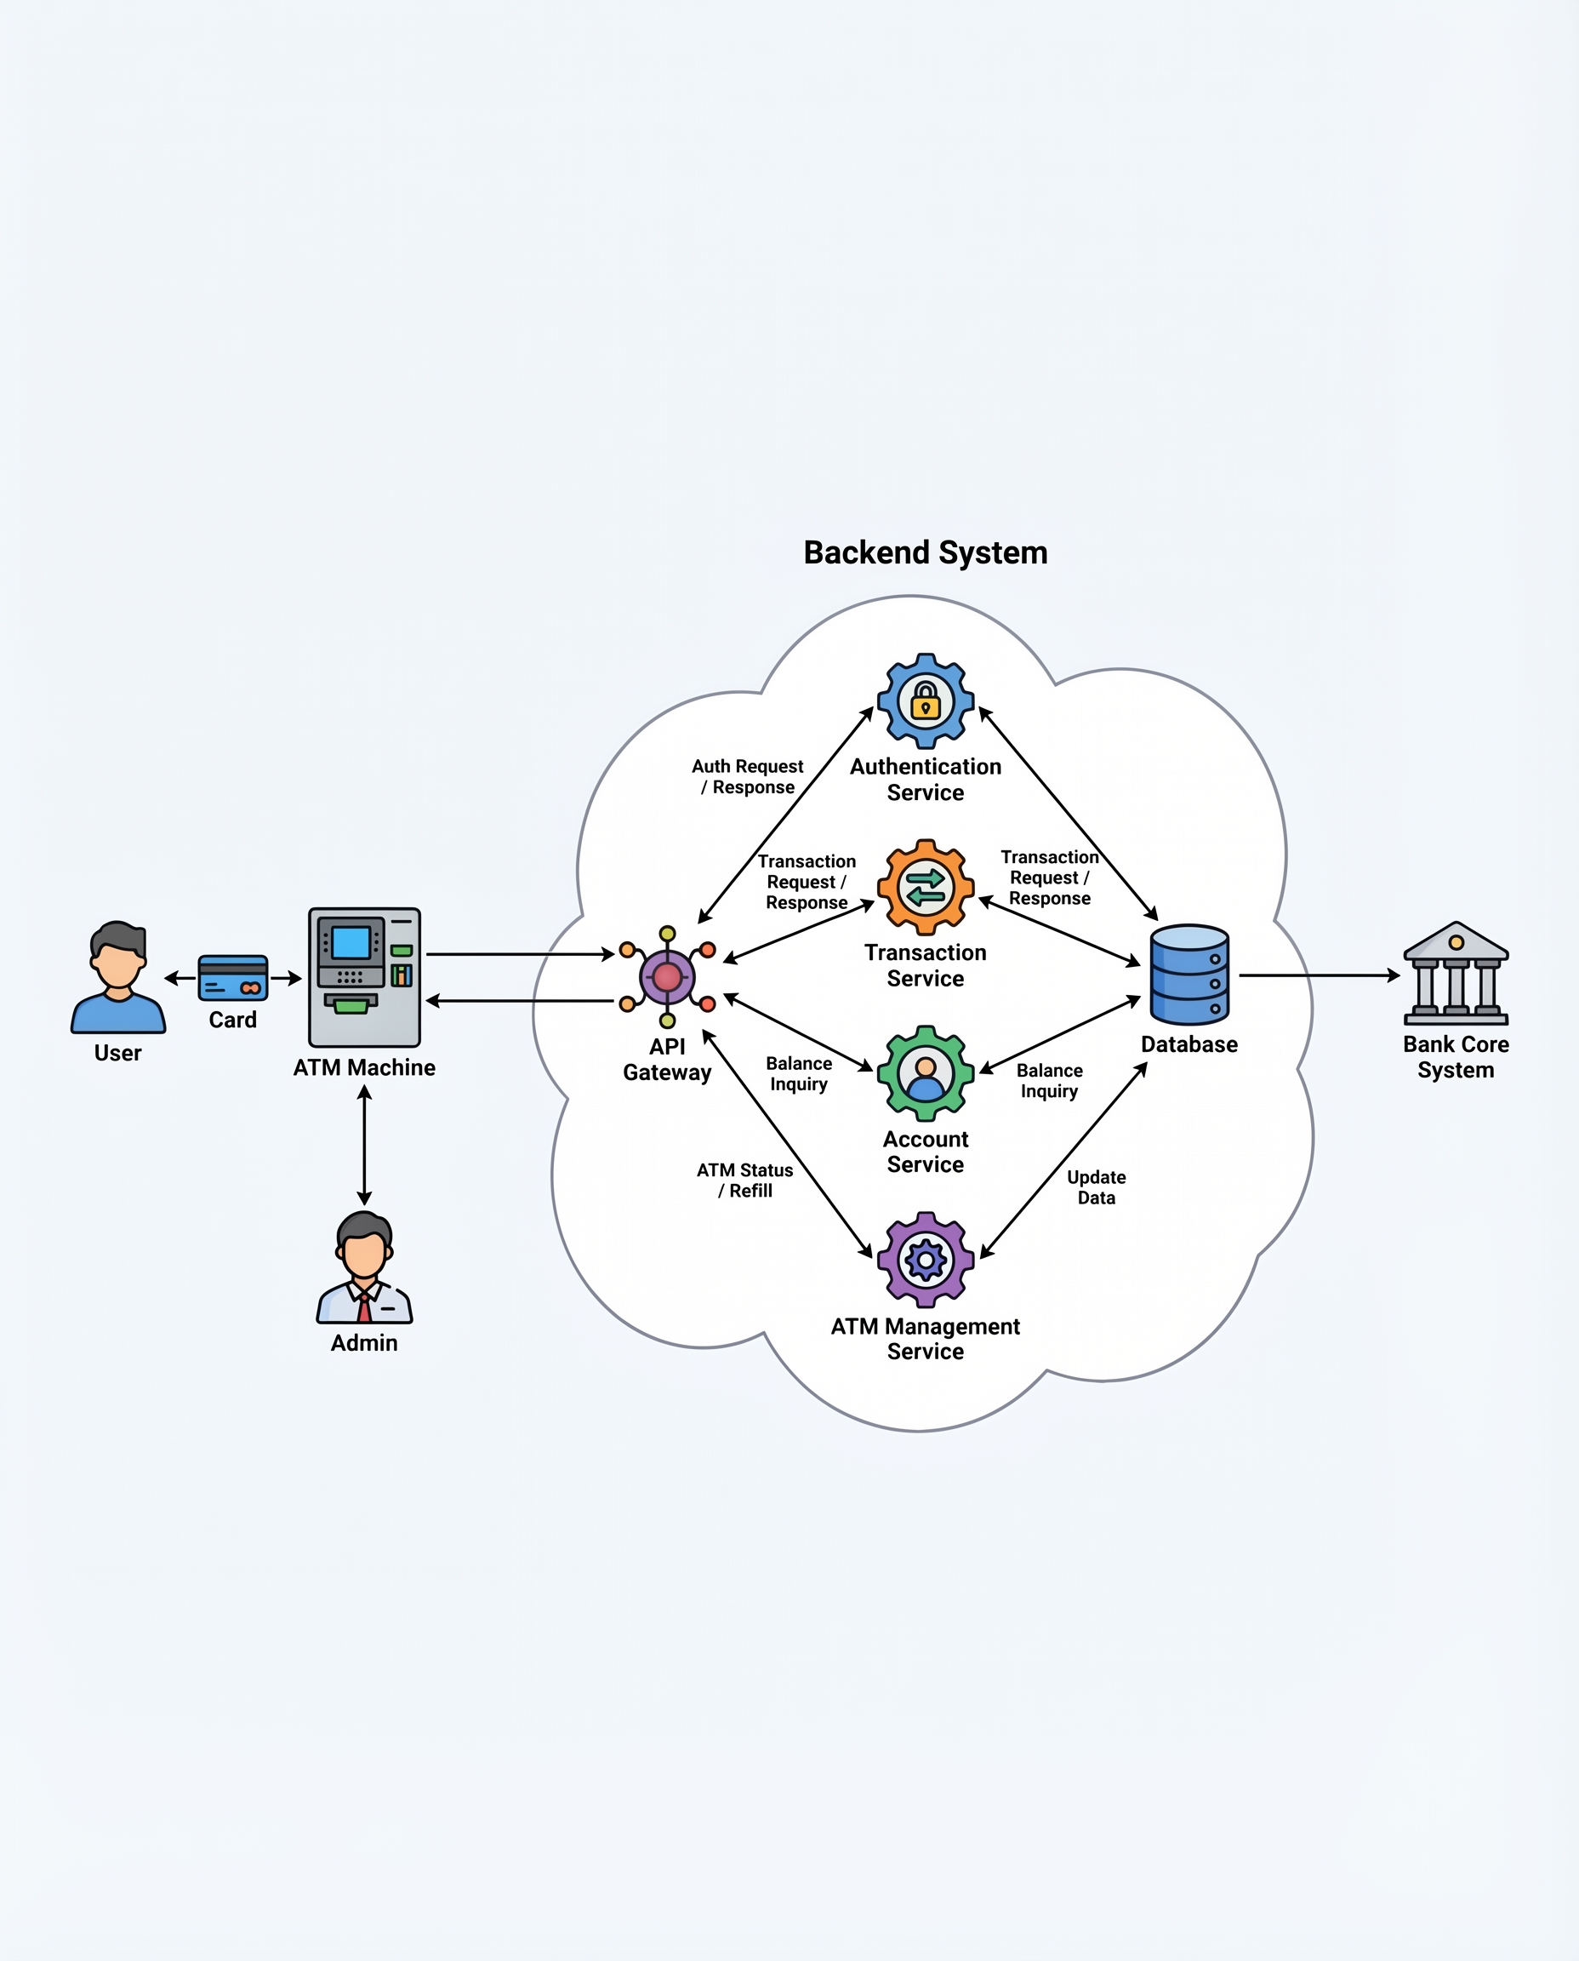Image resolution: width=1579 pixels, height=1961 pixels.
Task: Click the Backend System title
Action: click(925, 552)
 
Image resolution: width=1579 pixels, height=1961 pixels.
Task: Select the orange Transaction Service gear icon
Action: click(925, 886)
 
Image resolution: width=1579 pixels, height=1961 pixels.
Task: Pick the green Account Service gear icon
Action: click(925, 1073)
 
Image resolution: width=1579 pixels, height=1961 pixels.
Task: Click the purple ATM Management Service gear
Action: click(925, 1260)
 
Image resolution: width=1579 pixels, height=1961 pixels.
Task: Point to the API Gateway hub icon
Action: click(667, 976)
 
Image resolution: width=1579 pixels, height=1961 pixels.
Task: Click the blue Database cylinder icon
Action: click(1189, 975)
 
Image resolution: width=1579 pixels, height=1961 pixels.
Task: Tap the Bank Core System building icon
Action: click(1456, 973)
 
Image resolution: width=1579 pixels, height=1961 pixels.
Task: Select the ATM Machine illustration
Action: click(364, 976)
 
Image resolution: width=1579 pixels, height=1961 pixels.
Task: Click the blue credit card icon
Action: click(233, 977)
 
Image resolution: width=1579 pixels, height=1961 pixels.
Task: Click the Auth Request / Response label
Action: click(748, 776)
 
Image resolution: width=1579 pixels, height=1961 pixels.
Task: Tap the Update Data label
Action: click(1096, 1186)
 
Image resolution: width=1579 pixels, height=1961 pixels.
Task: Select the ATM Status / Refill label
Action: click(745, 1181)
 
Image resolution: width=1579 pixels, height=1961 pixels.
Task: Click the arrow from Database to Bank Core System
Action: click(1319, 975)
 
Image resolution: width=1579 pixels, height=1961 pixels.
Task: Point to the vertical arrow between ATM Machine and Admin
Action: click(364, 1146)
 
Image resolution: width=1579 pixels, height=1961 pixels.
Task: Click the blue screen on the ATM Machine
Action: click(351, 943)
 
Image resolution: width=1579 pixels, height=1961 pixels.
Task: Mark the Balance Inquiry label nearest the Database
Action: click(1049, 1080)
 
